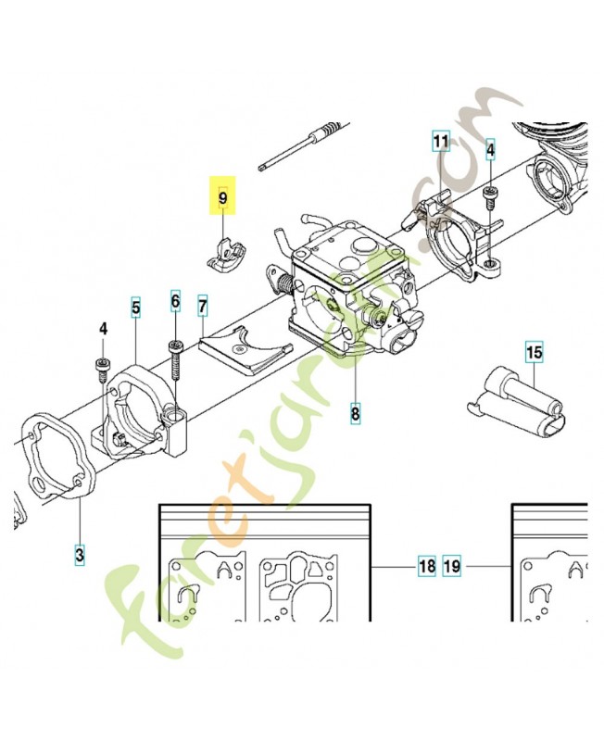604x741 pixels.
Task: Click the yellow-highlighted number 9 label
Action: pyautogui.click(x=222, y=196)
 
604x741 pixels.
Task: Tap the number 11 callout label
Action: pyautogui.click(x=441, y=142)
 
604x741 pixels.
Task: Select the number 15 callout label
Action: pyautogui.click(x=535, y=353)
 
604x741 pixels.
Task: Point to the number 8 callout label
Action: pyautogui.click(x=356, y=413)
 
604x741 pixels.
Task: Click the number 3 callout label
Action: pyautogui.click(x=80, y=555)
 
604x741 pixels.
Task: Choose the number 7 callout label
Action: pyautogui.click(x=203, y=305)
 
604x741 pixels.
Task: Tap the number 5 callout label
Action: pyautogui.click(x=135, y=307)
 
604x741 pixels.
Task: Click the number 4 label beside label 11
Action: pyautogui.click(x=491, y=148)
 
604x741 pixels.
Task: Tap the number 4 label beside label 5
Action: pyautogui.click(x=104, y=329)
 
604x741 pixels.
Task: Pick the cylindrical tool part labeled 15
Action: pyautogui.click(x=513, y=403)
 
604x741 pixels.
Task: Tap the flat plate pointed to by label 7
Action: pyautogui.click(x=243, y=350)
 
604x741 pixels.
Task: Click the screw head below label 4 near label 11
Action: pyautogui.click(x=491, y=192)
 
